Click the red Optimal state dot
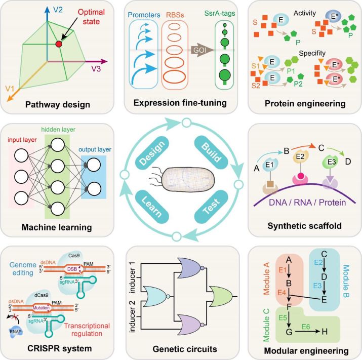pyautogui.click(x=59, y=44)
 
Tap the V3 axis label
pyautogui.click(x=96, y=68)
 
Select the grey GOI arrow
pyautogui.click(x=202, y=50)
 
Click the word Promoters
pyautogui.click(x=144, y=15)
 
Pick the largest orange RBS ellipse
pyautogui.click(x=174, y=76)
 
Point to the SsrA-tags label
pyautogui.click(x=220, y=13)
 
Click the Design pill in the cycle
pyautogui.click(x=152, y=152)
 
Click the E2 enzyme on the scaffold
pyautogui.click(x=300, y=157)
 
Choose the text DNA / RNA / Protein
pyautogui.click(x=307, y=203)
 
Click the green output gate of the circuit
pyautogui.click(x=220, y=296)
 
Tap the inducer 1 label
pyautogui.click(x=132, y=277)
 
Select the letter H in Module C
pyautogui.click(x=325, y=332)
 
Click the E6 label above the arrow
pyautogui.click(x=306, y=327)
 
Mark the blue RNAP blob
pyautogui.click(x=16, y=332)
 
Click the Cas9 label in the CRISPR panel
pyautogui.click(x=74, y=256)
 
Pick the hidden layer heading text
pyautogui.click(x=58, y=130)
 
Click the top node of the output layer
pyautogui.click(x=94, y=165)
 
